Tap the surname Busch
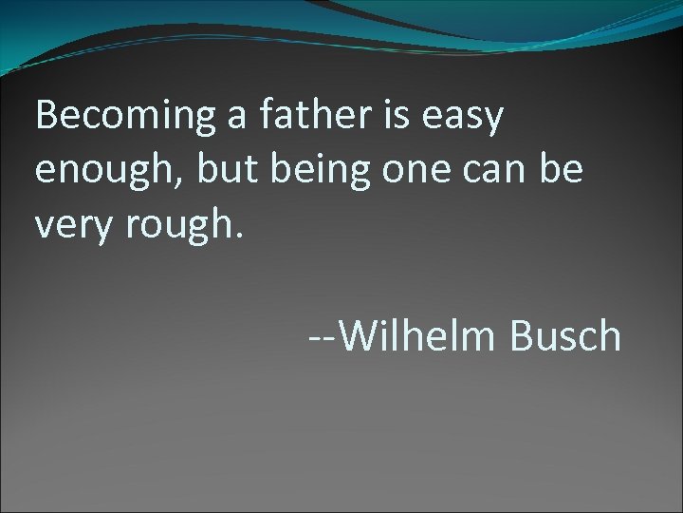566,335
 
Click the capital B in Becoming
46,116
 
